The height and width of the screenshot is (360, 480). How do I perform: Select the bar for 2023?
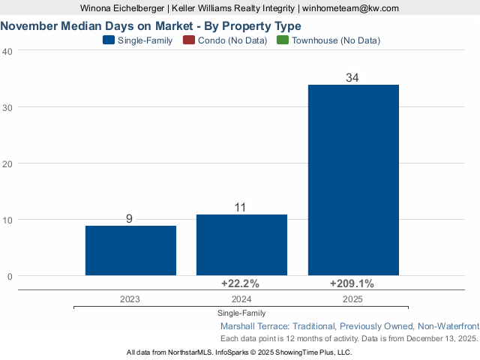point(130,250)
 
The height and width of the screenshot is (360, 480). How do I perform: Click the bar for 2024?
point(241,245)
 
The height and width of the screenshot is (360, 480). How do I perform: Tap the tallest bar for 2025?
point(353,180)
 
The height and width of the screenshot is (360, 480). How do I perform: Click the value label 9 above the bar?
point(129,219)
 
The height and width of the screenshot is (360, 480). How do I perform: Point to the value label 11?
point(240,208)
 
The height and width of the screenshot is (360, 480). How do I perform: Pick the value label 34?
point(352,78)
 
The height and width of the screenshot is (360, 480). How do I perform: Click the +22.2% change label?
point(240,283)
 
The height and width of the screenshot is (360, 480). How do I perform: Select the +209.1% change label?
point(352,283)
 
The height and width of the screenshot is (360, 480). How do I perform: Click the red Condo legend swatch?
point(188,40)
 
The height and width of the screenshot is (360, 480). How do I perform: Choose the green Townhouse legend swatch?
point(282,40)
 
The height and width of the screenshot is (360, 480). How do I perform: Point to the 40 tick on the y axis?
point(7,51)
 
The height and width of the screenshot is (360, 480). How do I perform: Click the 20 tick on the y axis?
point(7,163)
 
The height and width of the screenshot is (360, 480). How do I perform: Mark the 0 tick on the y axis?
point(10,276)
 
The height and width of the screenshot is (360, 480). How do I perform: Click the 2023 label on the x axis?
point(130,298)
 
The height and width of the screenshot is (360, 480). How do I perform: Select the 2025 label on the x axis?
point(352,298)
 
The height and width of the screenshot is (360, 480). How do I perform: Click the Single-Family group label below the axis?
point(241,313)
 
